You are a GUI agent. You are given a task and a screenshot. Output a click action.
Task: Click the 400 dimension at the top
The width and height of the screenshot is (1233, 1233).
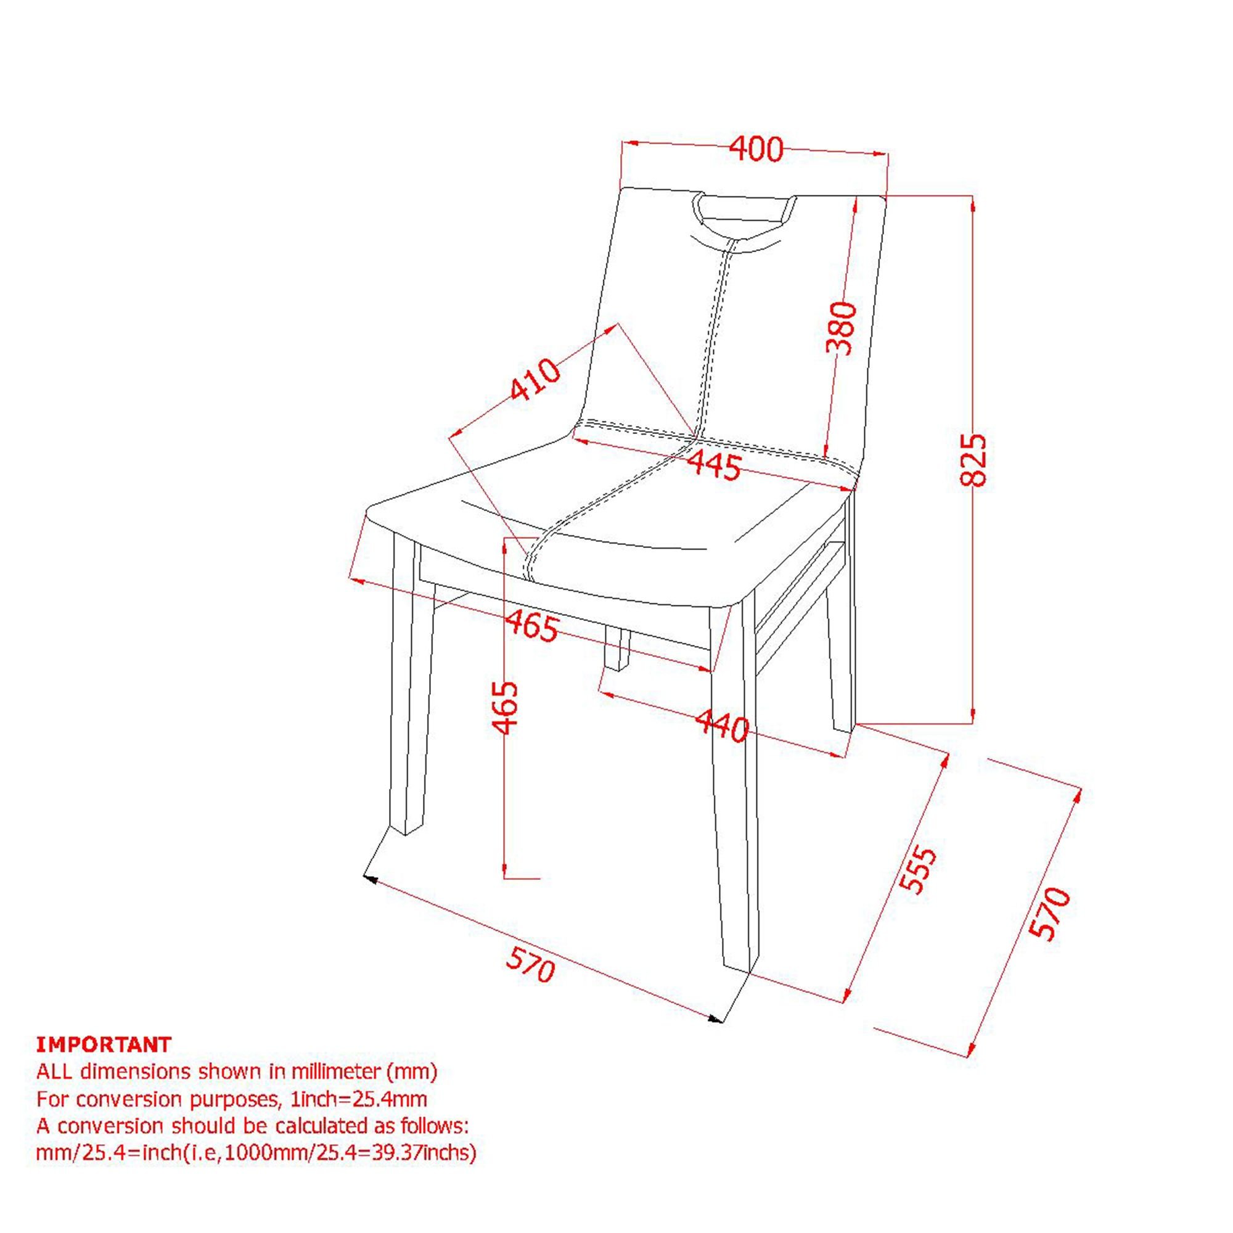coord(756,150)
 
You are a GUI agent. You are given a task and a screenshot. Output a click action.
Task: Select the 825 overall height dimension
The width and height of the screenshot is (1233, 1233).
coord(973,460)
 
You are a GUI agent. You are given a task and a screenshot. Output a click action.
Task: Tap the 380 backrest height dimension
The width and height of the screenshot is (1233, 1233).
coord(840,328)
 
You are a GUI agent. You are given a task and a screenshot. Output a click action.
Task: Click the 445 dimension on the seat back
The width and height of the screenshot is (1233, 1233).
coord(715,465)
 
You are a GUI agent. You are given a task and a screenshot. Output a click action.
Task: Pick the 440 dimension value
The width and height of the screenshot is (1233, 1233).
coord(722,726)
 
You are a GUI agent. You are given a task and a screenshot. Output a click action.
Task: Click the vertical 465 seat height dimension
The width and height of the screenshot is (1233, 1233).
coord(505,708)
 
